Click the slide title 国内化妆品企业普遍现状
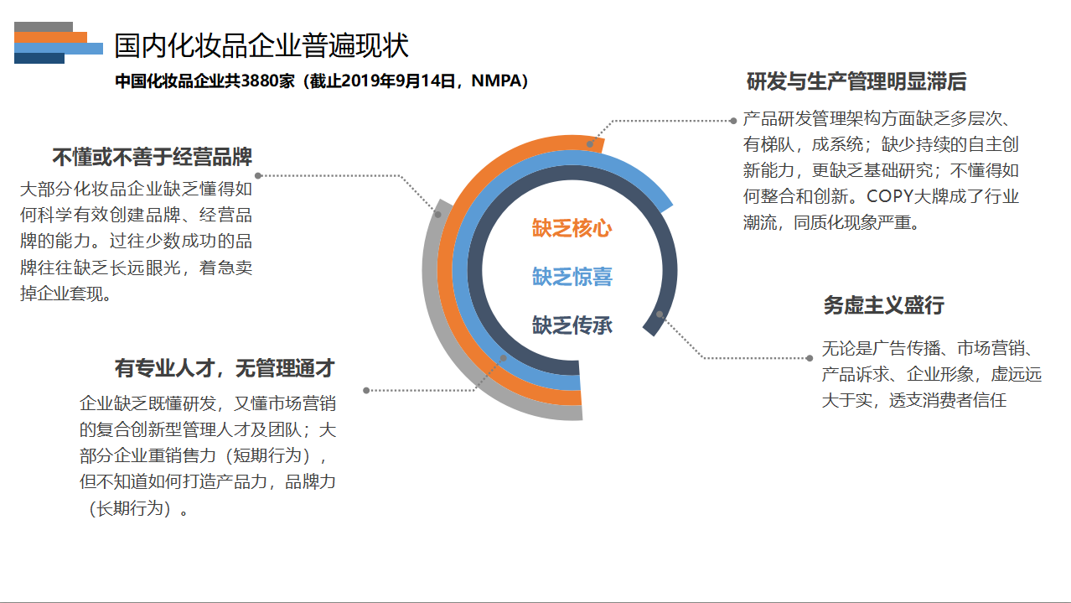pos(261,45)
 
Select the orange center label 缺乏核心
pos(572,228)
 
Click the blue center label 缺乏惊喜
pos(572,277)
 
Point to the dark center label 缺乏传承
pos(572,325)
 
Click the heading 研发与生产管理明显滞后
pos(856,81)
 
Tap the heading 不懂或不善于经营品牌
pos(152,157)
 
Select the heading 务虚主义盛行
pos(883,305)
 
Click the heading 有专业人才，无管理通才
pos(225,368)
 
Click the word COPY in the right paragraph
pos(890,196)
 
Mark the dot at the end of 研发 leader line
pos(733,121)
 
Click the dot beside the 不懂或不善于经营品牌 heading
pos(258,175)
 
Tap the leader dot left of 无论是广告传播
pos(810,358)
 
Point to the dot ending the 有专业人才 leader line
pos(366,391)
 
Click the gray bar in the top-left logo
pos(44,27)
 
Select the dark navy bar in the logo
pos(39,59)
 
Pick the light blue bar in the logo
pos(59,48)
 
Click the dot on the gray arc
pos(438,215)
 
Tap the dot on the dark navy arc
pos(660,314)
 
